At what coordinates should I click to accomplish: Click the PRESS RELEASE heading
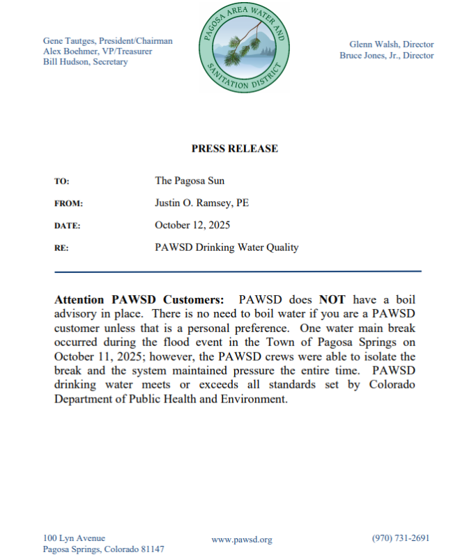(234, 148)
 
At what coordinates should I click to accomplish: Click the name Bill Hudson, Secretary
(85, 62)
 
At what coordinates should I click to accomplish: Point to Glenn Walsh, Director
(391, 45)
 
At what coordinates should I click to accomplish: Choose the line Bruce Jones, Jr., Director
(386, 55)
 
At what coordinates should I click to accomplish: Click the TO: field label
(61, 181)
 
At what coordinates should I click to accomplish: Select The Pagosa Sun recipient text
(189, 180)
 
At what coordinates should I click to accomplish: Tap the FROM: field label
(68, 203)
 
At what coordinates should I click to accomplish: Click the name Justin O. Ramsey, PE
(201, 203)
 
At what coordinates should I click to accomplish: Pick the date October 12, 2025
(192, 225)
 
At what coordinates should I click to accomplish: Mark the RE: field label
(61, 248)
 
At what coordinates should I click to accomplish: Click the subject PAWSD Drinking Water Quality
(227, 247)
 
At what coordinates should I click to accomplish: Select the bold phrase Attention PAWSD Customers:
(139, 299)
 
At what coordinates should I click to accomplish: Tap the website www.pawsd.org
(241, 540)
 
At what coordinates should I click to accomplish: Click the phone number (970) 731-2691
(401, 538)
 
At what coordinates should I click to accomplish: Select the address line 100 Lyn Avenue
(74, 538)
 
